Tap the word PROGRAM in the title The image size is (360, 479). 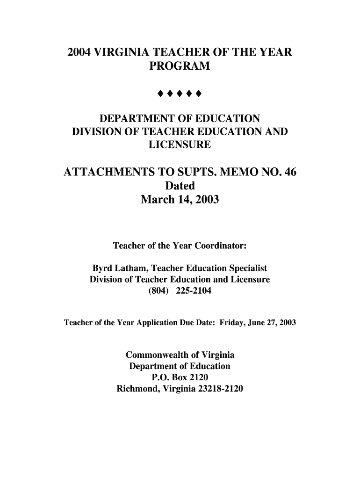click(180, 67)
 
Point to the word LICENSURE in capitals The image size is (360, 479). click(180, 146)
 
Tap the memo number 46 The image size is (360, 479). click(287, 173)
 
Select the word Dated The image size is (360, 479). click(180, 186)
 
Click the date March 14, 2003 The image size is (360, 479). click(180, 201)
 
